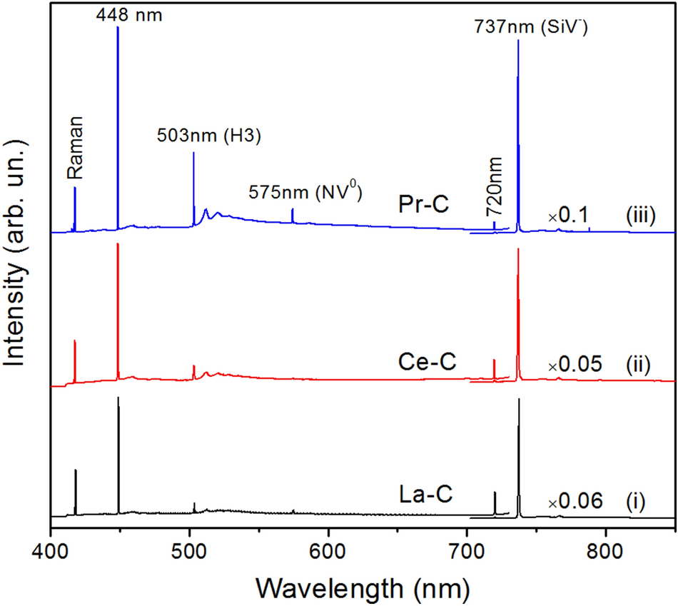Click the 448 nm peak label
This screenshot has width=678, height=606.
(130, 14)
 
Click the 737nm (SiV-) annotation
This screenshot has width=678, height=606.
(530, 29)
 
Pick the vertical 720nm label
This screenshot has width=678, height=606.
(493, 190)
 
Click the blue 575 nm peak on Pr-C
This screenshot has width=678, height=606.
(293, 215)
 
